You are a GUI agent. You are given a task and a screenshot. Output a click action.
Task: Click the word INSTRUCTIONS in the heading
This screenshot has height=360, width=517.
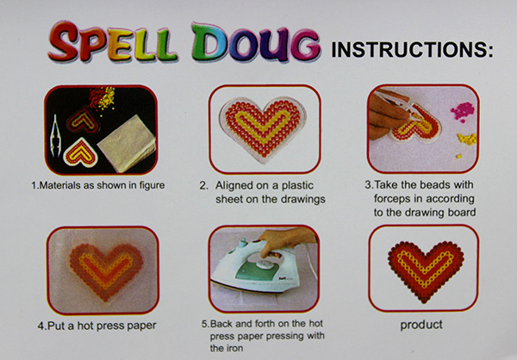(412, 50)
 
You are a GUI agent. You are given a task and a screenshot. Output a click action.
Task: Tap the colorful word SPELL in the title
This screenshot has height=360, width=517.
(112, 41)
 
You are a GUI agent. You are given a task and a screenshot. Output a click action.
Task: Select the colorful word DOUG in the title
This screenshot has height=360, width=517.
(256, 42)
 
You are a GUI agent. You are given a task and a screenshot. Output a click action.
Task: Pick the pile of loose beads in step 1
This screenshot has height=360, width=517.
(103, 97)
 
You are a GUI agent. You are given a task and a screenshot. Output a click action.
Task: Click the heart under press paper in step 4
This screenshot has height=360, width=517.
(105, 271)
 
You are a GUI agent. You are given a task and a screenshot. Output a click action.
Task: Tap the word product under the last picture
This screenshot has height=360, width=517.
(421, 325)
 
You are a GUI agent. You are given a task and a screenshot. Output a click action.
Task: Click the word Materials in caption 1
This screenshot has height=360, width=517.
(60, 185)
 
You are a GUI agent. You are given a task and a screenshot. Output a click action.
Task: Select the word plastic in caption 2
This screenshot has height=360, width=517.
(297, 186)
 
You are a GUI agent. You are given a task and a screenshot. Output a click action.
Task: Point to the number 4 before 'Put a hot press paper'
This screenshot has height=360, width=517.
(40, 326)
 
